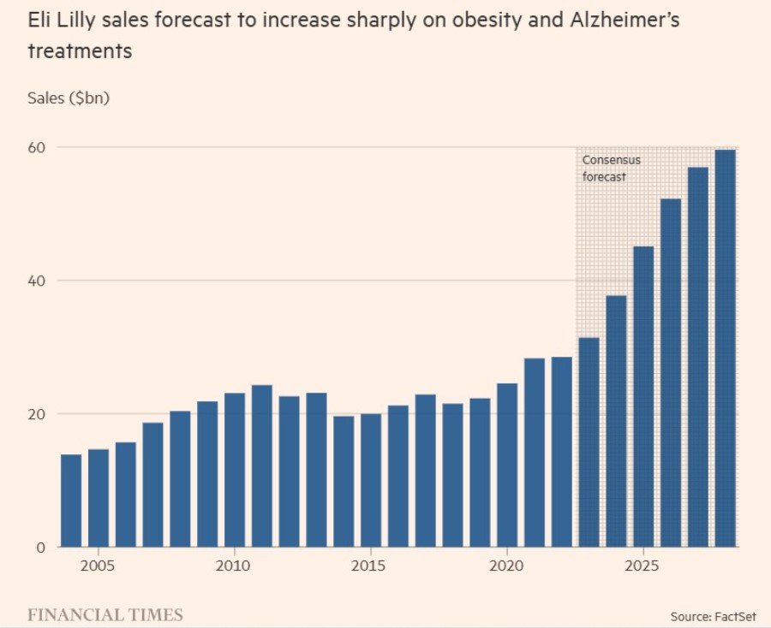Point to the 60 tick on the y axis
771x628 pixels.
coord(38,147)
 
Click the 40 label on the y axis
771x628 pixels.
coord(38,281)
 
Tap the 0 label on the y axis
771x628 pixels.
coord(40,548)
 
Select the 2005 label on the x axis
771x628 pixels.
coord(98,566)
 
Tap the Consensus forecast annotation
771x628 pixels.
coord(611,169)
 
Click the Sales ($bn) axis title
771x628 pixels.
coord(69,98)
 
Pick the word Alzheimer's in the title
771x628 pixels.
coord(625,19)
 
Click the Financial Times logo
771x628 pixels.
coord(105,614)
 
